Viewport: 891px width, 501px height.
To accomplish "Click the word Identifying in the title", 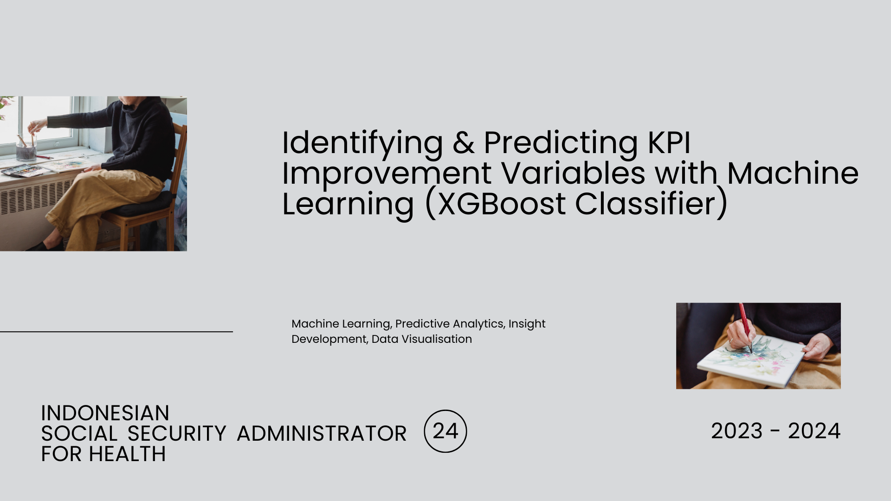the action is click(362, 144).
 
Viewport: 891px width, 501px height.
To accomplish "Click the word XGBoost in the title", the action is click(502, 204).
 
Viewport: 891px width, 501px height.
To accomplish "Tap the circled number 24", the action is click(445, 431).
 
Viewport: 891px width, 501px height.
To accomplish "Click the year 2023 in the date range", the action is click(737, 431).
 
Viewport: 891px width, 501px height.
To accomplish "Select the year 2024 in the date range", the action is click(814, 431).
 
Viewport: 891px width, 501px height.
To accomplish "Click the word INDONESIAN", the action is click(105, 413).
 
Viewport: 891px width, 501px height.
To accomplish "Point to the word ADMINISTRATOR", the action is click(322, 433).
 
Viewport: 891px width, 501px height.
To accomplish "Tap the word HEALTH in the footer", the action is click(127, 454).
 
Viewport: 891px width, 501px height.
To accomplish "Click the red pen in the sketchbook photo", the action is click(745, 328).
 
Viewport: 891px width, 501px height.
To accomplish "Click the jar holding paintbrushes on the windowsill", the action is click(26, 151).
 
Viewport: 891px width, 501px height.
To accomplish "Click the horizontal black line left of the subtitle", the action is click(116, 332).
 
